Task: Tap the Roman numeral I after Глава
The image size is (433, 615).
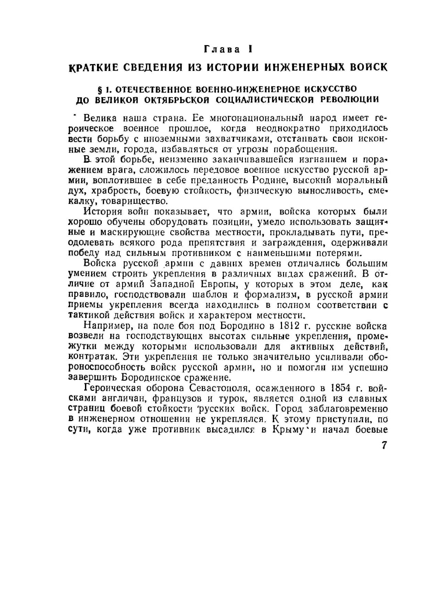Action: (251, 49)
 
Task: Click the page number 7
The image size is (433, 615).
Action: (384, 445)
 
